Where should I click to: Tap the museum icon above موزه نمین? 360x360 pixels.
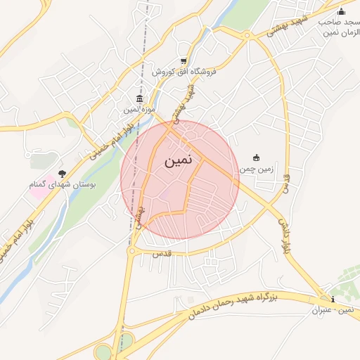tap(140, 98)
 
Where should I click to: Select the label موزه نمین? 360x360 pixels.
tap(139, 110)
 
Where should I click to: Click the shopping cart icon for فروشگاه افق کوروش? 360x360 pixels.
tap(184, 61)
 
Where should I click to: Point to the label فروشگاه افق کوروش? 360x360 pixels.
tap(184, 72)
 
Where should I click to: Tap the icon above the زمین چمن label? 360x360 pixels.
tap(255, 157)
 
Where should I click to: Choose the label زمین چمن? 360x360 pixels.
tap(255, 169)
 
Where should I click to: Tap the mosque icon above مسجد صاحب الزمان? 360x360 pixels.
tap(342, 11)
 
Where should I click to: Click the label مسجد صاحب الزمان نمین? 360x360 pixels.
tap(340, 28)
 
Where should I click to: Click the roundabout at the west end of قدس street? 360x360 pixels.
tap(131, 250)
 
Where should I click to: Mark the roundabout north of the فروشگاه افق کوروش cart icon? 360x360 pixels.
tap(247, 35)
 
